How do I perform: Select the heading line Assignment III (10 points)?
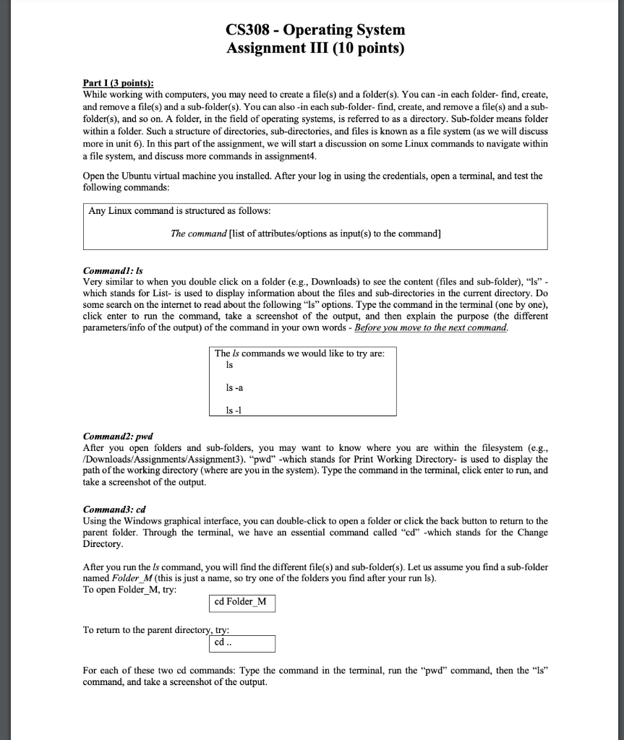tap(315, 48)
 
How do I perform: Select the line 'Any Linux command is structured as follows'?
tap(179, 210)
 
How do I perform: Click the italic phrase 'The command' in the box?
tap(198, 233)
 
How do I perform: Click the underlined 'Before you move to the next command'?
tap(429, 327)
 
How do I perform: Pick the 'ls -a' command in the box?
tap(234, 387)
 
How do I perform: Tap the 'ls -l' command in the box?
tap(234, 410)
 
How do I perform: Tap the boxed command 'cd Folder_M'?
tap(240, 601)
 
